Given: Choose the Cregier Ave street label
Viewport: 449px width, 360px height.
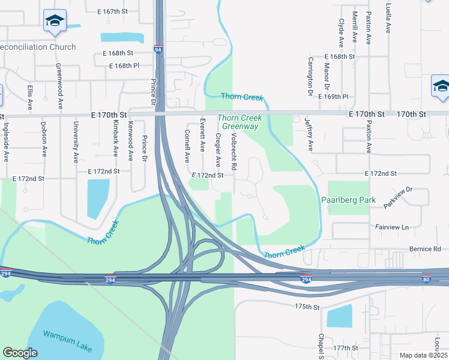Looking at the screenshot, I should click(x=218, y=150).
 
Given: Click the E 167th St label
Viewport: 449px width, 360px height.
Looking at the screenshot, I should click(x=112, y=11).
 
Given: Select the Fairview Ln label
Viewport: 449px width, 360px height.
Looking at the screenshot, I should click(x=392, y=227).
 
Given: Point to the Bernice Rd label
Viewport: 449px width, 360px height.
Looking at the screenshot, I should click(x=426, y=248).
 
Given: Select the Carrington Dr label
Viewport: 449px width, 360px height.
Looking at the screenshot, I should click(x=311, y=76).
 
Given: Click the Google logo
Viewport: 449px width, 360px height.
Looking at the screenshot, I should click(x=20, y=352).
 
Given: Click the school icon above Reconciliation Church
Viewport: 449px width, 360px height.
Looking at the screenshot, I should click(x=55, y=21).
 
